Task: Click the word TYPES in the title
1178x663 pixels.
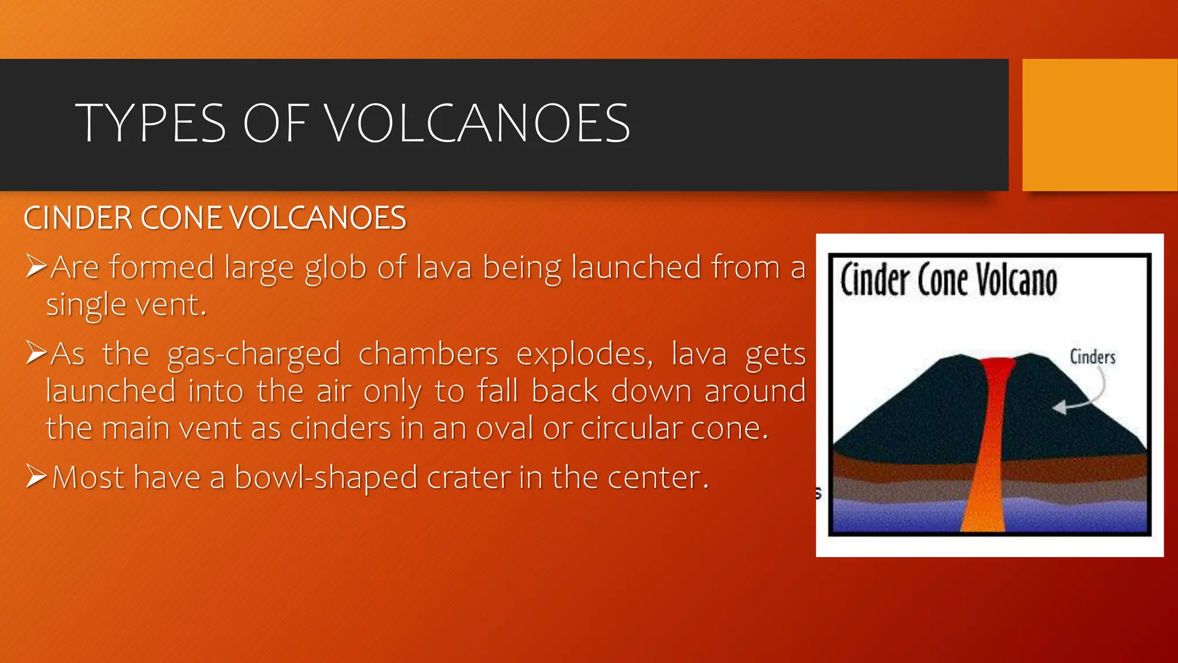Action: coord(151,123)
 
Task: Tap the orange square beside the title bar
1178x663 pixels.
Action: coord(1100,124)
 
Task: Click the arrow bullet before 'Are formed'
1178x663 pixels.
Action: coord(36,266)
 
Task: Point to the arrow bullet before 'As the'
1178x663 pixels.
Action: coord(36,352)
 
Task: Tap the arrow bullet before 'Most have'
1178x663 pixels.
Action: coord(36,476)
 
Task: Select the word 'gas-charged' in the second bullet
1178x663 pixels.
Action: coord(254,355)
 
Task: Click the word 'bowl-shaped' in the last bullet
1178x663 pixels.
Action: coord(326,478)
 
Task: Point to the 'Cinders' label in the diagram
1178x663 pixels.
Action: coord(1092,357)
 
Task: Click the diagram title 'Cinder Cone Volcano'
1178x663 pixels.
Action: coord(948,280)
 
